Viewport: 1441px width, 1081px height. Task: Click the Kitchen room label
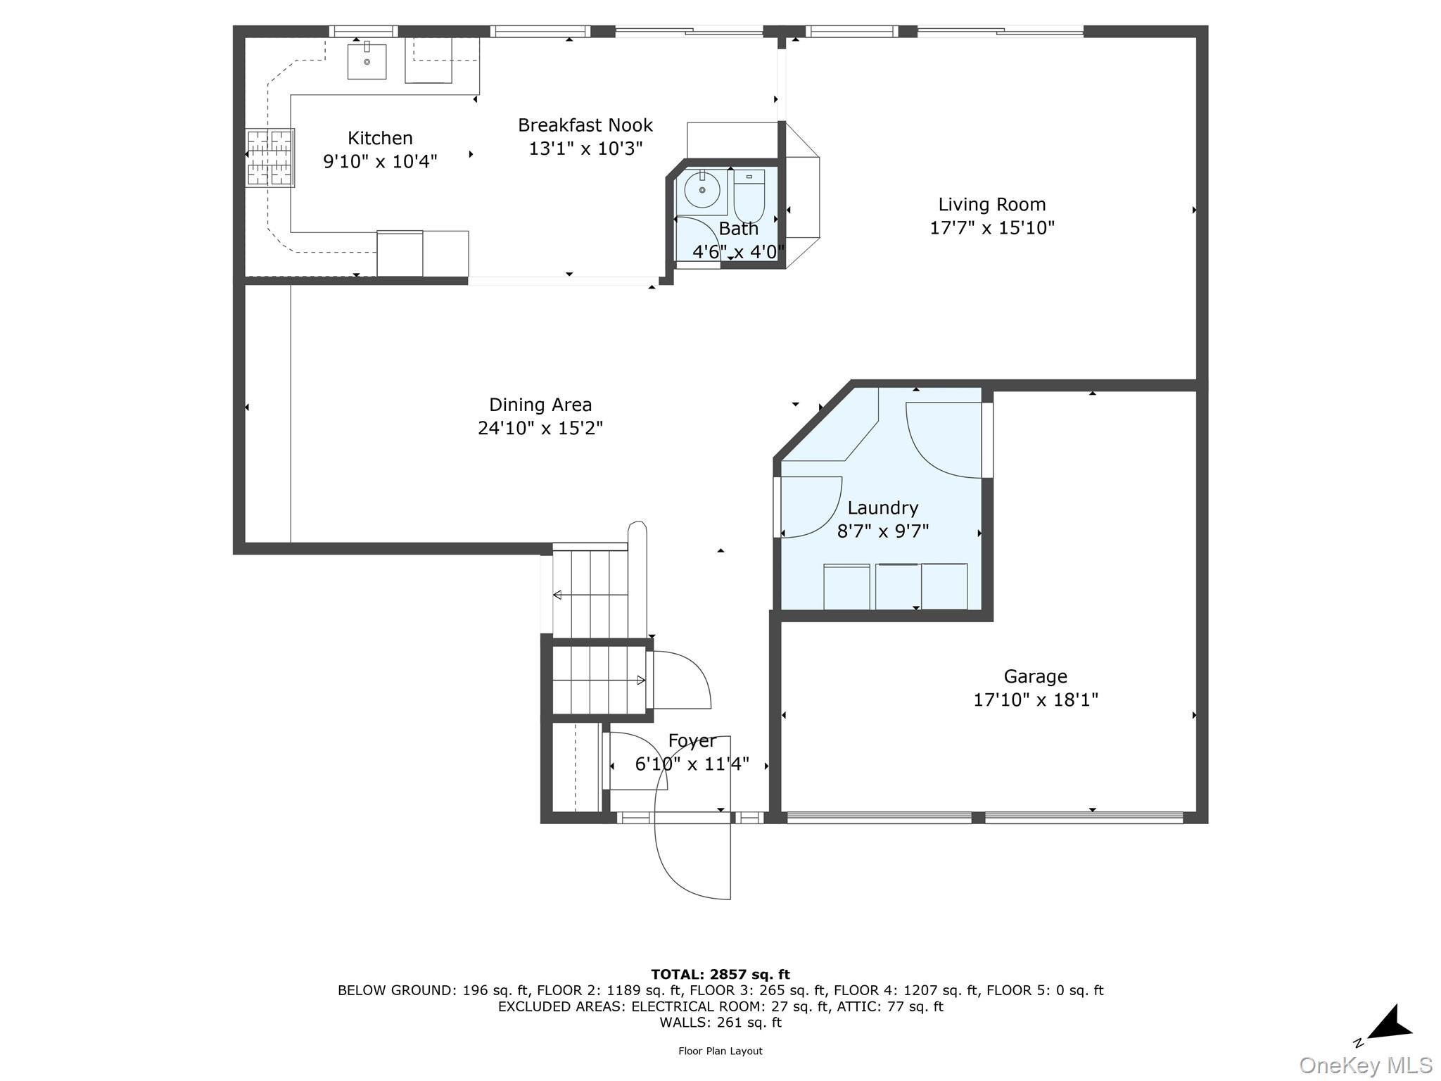click(x=380, y=138)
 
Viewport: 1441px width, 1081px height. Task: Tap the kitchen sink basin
click(x=367, y=61)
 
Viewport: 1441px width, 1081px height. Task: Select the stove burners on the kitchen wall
click(x=269, y=158)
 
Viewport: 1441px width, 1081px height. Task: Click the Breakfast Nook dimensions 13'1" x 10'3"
click(x=585, y=148)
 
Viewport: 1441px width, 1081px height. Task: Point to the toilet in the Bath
click(x=749, y=197)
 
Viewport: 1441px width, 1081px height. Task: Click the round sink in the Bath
click(x=702, y=189)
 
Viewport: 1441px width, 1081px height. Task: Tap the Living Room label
click(x=991, y=204)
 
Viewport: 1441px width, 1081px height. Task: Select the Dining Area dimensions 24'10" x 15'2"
click(x=540, y=428)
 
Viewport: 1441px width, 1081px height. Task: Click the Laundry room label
click(x=882, y=507)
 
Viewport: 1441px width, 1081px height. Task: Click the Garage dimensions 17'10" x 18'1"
click(x=1035, y=700)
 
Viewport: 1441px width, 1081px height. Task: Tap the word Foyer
click(x=692, y=740)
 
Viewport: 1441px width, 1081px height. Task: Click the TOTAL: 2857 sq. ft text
click(x=720, y=974)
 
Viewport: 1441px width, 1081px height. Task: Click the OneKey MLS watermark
click(x=1365, y=1065)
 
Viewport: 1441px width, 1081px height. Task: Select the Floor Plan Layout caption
click(x=720, y=1051)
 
